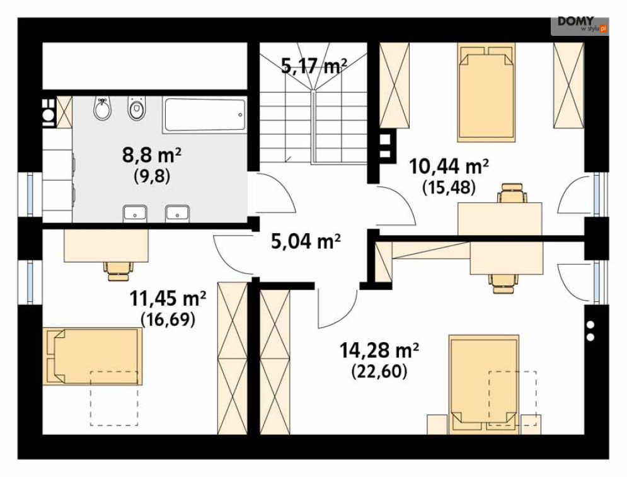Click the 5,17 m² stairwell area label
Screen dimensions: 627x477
pos(314,66)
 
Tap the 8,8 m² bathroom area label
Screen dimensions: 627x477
pos(152,155)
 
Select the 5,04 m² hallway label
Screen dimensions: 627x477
pos(306,241)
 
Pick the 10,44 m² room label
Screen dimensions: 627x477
pos(449,166)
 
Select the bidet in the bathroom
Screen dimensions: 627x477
pos(102,108)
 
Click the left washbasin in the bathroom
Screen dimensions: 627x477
pos(135,213)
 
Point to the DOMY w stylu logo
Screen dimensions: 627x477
pos(580,25)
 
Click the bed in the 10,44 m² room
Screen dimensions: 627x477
pos(486,93)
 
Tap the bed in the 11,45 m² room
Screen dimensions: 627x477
pos(93,356)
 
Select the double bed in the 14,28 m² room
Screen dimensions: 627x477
pos(484,384)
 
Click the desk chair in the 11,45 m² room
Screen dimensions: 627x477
pos(118,271)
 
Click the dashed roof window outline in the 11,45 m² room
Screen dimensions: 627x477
pos(114,398)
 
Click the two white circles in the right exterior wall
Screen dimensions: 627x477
pos(590,331)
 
